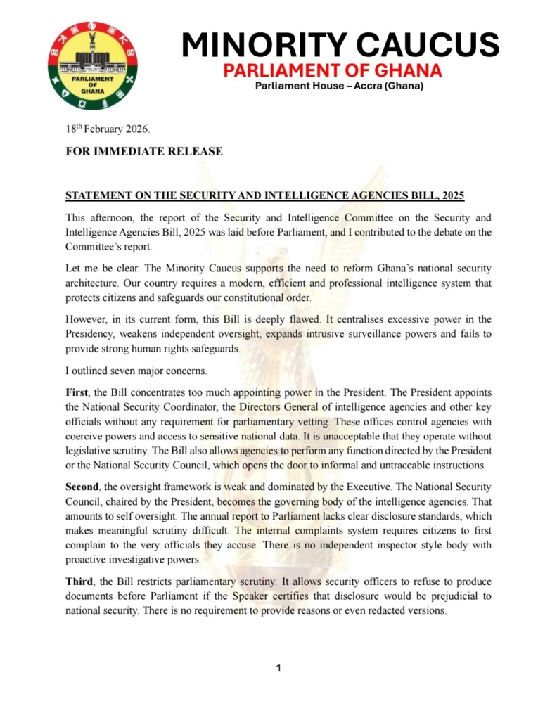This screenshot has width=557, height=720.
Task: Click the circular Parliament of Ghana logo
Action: [93, 65]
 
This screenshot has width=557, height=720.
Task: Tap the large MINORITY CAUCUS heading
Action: [340, 45]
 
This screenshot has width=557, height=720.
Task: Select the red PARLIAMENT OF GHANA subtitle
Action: [333, 71]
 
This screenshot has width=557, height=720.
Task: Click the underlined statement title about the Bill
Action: [265, 195]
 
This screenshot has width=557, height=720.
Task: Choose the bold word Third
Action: [78, 582]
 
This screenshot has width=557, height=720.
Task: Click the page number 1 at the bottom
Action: [278, 668]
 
